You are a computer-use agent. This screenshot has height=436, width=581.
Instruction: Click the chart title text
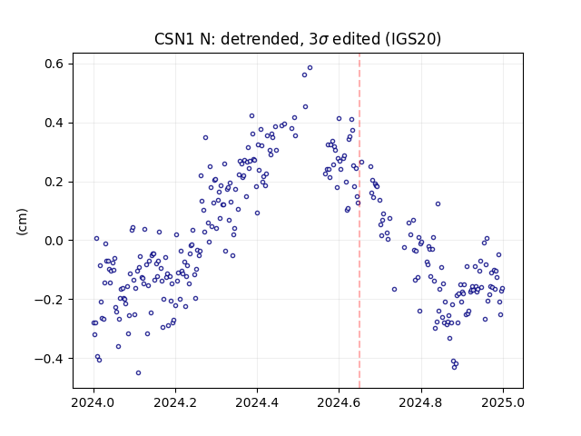(298, 39)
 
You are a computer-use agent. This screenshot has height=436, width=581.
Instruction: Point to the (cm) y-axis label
(22, 222)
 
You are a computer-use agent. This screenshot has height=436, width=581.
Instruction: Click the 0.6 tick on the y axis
(54, 64)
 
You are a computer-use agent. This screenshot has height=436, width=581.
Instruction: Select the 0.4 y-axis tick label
(54, 124)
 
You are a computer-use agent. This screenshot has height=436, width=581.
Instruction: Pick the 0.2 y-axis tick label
(54, 182)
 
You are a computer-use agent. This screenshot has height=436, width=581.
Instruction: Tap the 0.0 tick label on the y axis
(54, 241)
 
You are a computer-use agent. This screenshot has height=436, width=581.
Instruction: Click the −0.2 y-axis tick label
(50, 300)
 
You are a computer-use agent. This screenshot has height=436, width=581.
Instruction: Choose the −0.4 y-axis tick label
(50, 359)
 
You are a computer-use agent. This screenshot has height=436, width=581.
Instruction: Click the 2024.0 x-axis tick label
(94, 402)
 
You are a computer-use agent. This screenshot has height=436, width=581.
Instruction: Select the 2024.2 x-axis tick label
(175, 402)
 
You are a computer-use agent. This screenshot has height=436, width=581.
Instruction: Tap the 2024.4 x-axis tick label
(257, 402)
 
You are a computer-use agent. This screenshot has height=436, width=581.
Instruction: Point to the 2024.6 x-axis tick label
(339, 402)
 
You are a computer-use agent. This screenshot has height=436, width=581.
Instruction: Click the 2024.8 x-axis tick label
(421, 402)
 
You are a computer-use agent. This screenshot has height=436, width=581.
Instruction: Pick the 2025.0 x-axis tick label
(503, 402)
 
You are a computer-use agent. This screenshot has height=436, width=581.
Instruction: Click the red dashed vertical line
(359, 221)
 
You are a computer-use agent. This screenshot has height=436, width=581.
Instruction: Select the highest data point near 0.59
(310, 68)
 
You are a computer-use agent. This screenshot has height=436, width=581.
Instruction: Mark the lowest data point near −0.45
(138, 373)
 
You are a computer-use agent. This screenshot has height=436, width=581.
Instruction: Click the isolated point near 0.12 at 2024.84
(438, 203)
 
